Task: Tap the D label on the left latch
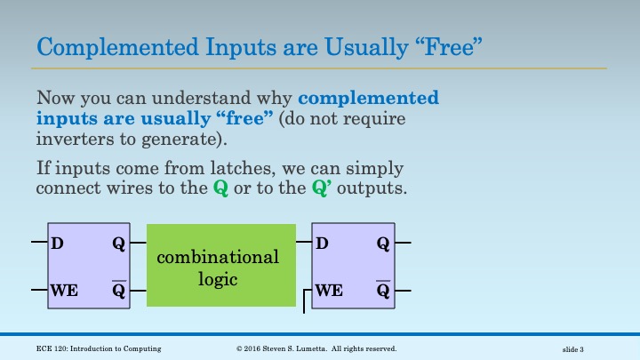pos(57,243)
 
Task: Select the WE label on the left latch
pos(64,290)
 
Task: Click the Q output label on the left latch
pos(118,243)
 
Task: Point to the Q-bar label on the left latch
pos(118,290)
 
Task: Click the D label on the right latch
pos(322,243)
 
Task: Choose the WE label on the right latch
pos(329,290)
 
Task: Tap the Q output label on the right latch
pos(383,243)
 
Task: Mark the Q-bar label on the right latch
pos(383,290)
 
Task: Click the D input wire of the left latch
pos(37,242)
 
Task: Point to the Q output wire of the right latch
pos(403,242)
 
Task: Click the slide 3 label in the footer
pos(579,349)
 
